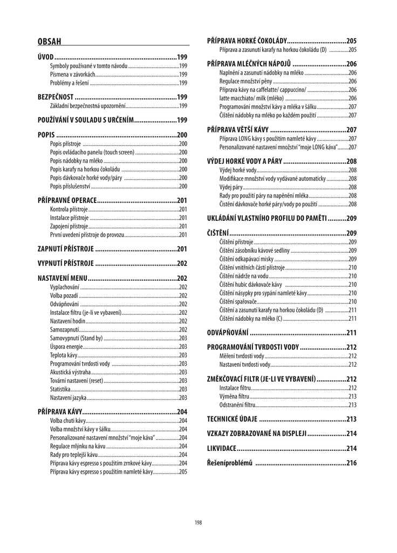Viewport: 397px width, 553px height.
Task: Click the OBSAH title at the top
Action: pyautogui.click(x=49, y=41)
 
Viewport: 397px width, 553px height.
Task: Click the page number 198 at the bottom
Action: pyautogui.click(x=198, y=522)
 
